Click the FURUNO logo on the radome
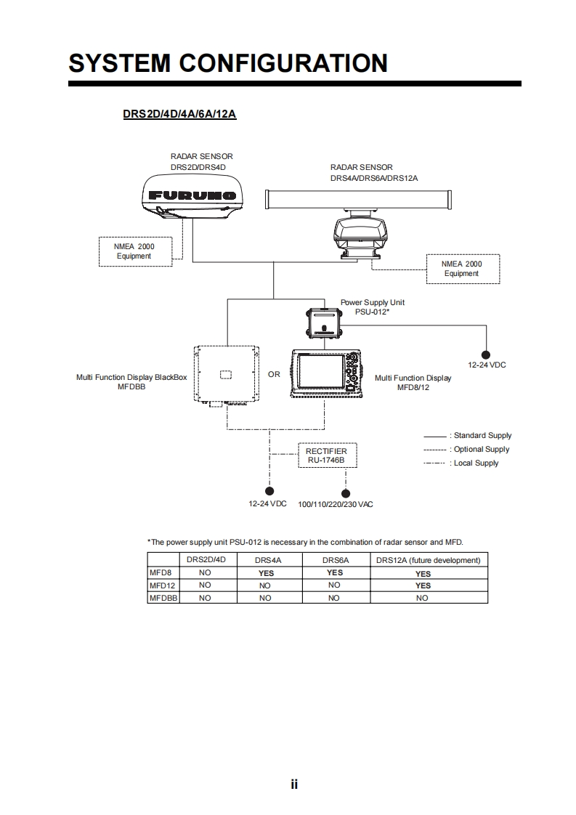coord(192,195)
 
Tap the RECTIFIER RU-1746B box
coord(326,456)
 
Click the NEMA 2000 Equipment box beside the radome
coord(134,251)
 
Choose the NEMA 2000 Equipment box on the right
coord(462,269)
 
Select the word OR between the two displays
coord(274,375)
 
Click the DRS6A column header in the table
coord(335,560)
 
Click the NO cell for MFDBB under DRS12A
coord(422,598)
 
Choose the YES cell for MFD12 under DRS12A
coord(423,585)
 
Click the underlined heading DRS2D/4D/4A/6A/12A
coord(179,115)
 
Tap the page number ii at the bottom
coord(294,784)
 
